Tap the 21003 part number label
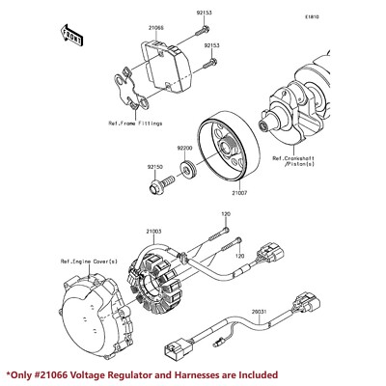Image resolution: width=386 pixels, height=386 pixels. pos(155,232)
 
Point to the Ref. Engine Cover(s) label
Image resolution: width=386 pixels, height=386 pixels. pos(89,261)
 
